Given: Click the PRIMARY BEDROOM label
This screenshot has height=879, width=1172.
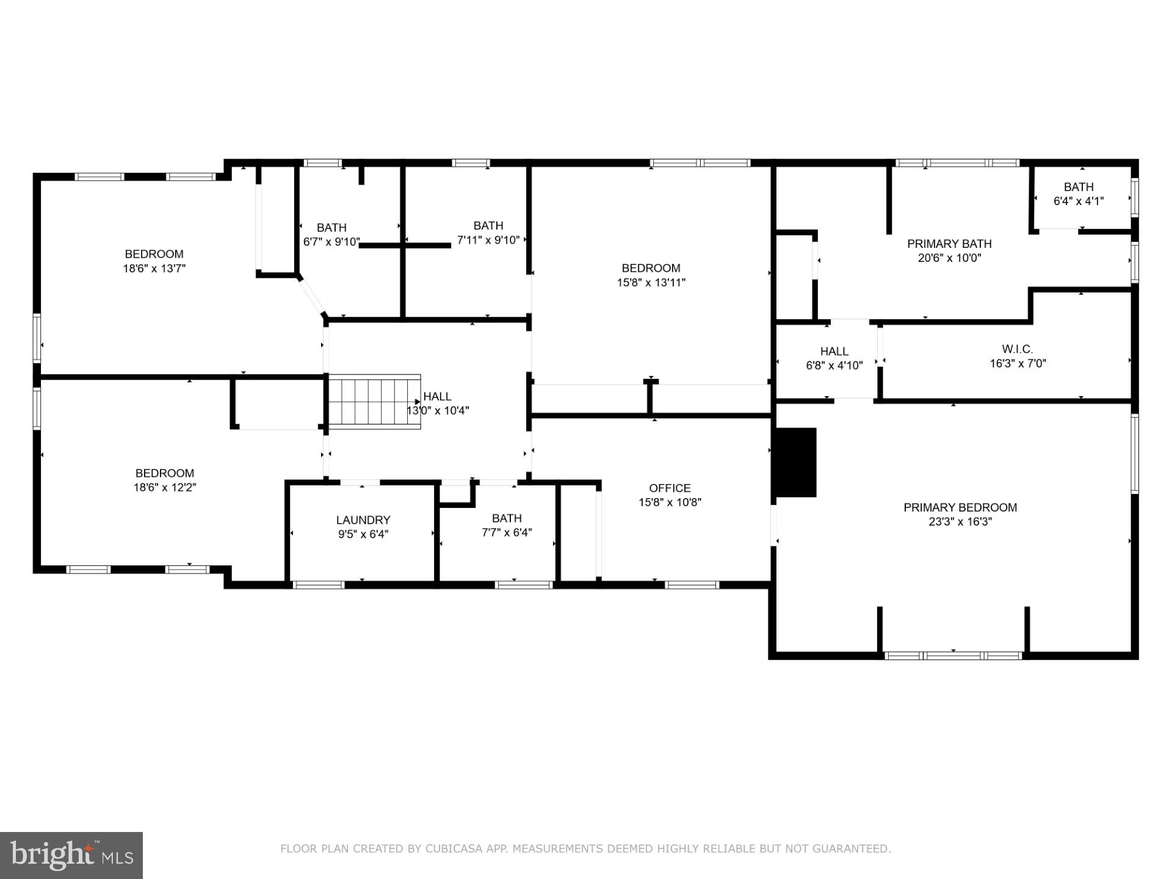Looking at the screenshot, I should (960, 507).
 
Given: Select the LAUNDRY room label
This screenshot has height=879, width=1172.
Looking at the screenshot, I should (363, 520).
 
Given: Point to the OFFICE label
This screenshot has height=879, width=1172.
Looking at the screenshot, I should (670, 488).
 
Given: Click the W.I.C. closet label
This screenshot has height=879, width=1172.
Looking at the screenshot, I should (1017, 349).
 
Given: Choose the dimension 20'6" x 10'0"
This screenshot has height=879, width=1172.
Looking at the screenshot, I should (949, 258).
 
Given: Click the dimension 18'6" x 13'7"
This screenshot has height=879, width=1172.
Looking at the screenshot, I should (154, 268).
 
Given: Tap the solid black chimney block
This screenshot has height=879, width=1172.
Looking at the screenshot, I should (795, 462).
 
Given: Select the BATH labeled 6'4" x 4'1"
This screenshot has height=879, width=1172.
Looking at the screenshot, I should (1078, 187).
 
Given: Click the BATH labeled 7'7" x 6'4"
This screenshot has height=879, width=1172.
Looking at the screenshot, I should (507, 518).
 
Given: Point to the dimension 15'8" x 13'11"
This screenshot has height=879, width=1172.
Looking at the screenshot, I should (651, 283).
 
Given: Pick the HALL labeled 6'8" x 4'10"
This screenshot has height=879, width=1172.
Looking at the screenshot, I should (834, 351).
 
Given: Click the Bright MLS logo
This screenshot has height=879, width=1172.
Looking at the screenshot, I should (71, 855).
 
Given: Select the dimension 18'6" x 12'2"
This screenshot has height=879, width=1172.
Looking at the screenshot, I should (165, 487).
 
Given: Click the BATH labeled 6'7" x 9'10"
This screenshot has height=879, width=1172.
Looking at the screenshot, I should (331, 228).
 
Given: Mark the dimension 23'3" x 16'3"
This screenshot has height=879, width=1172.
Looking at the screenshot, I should (960, 522).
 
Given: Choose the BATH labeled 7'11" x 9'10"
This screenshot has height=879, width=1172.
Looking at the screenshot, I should (488, 225).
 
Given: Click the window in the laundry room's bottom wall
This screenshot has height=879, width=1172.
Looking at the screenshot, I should (319, 585).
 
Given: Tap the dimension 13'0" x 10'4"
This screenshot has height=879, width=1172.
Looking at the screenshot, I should (438, 411).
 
